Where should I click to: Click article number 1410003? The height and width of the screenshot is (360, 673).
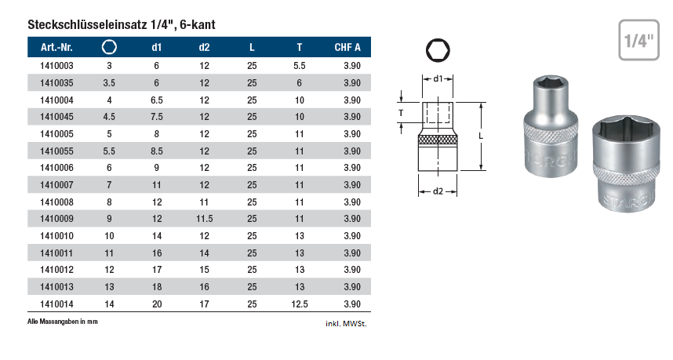(56, 66)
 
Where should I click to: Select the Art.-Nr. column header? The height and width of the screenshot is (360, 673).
(56, 47)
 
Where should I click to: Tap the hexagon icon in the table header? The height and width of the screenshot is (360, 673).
(109, 47)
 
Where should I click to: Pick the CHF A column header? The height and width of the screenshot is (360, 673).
(347, 47)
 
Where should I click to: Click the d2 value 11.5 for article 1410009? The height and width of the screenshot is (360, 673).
(204, 219)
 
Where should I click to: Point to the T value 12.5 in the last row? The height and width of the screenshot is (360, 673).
(299, 304)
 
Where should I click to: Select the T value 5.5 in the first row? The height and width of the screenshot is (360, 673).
(299, 66)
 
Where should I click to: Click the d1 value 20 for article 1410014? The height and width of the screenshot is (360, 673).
(157, 304)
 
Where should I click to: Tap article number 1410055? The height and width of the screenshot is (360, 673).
(56, 151)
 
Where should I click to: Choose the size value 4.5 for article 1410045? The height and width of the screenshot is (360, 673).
(109, 117)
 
